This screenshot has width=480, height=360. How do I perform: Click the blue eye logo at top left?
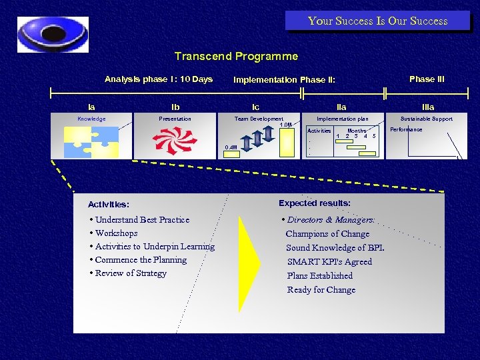[53, 34]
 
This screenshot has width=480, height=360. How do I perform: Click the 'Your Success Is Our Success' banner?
[377, 21]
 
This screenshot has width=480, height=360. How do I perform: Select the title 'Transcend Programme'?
[236, 57]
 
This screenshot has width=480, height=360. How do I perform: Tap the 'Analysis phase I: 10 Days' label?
[159, 79]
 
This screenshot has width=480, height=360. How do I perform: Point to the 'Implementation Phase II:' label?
[283, 80]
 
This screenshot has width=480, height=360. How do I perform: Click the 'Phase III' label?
[427, 79]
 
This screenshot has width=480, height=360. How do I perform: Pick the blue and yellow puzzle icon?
[91, 141]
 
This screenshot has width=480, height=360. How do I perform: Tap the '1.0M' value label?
[285, 125]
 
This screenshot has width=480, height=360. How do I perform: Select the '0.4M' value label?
[231, 147]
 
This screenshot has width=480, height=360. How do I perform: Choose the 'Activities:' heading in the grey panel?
[109, 205]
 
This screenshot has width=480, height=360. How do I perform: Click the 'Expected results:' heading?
[315, 203]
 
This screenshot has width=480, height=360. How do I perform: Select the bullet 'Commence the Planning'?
[141, 260]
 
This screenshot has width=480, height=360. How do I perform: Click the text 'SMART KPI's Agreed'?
[329, 262]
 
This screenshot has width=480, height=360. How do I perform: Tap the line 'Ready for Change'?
[321, 290]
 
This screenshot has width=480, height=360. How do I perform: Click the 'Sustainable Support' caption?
[426, 119]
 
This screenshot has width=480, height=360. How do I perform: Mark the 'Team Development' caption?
[259, 119]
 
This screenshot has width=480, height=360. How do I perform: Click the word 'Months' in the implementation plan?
[357, 131]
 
